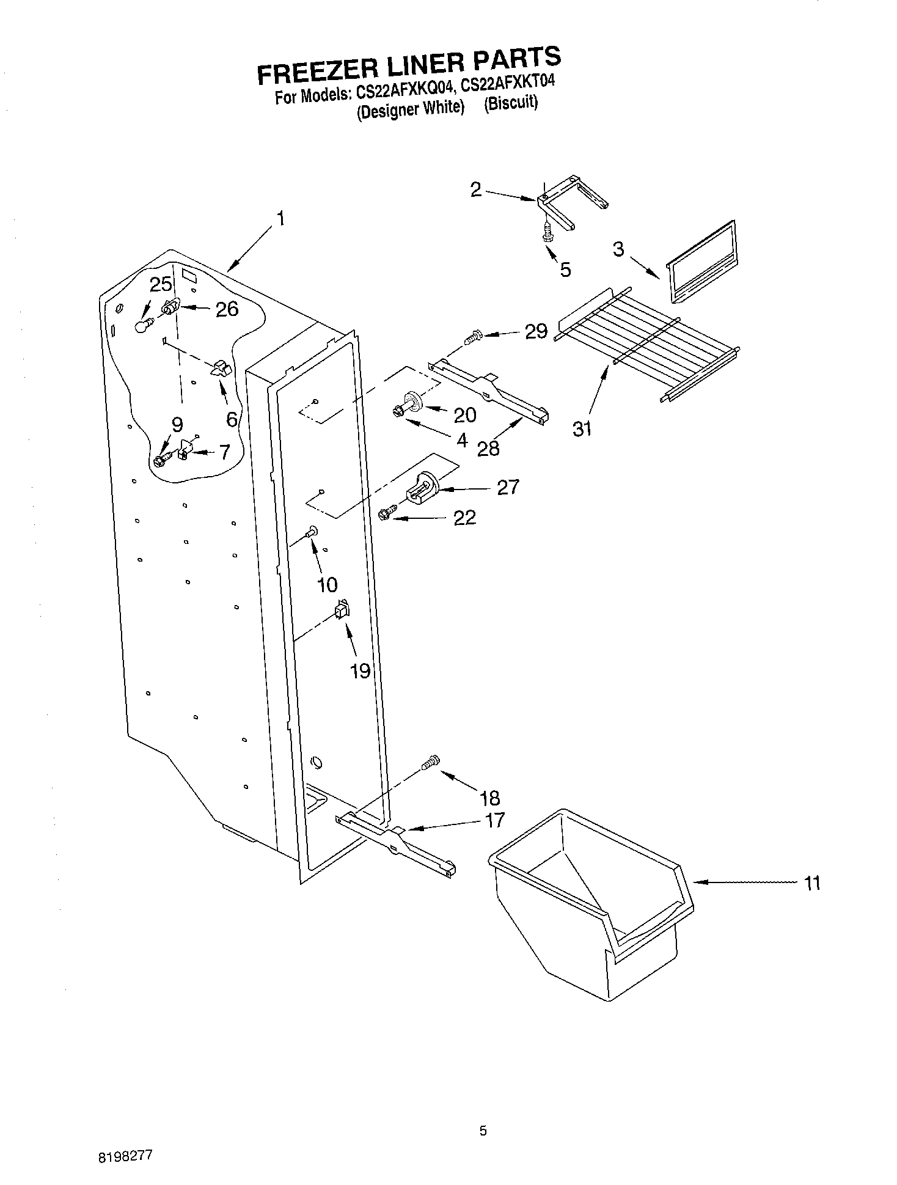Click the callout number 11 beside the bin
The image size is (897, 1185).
pos(811,883)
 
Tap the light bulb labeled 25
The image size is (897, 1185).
pos(142,327)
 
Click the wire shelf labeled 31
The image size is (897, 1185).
pos(648,345)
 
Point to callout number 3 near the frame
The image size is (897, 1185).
pos(619,249)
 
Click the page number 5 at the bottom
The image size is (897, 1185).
pos(483,1131)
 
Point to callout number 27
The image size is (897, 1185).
pos(508,487)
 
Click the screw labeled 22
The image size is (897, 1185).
pos(386,514)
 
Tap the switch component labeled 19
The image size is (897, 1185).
pos(342,609)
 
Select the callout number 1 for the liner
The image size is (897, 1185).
pos(280,218)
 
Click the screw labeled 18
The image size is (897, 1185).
pos(430,762)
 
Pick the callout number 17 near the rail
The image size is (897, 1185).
pos(494,820)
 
